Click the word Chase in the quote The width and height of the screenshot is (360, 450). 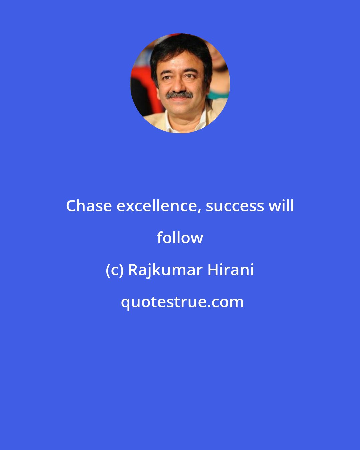coord(89,206)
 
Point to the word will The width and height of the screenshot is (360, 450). coord(281,206)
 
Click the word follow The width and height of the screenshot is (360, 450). coord(180,238)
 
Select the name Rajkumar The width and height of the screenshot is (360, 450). coord(165,270)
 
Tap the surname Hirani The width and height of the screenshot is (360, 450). coord(231,270)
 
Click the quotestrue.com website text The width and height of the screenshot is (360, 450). coord(182,302)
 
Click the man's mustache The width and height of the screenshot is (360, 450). coord(179,95)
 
